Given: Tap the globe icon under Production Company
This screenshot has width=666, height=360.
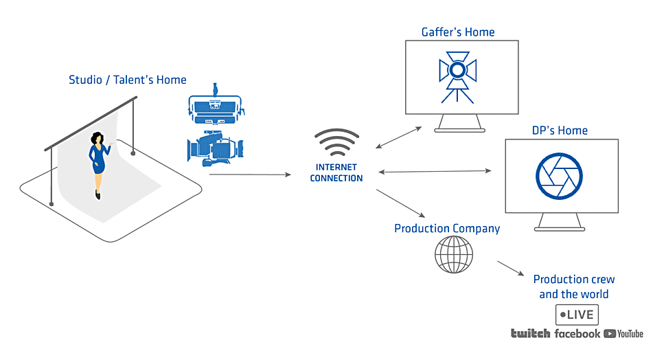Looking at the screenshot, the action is tap(454, 255).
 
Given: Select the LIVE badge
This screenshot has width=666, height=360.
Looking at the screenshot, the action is tap(577, 315).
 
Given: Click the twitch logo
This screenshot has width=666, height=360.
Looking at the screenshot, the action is tap(531, 334).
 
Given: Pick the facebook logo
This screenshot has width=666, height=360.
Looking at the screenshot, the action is tap(577, 334).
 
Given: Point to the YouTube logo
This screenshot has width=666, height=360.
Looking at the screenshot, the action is tap(623, 334).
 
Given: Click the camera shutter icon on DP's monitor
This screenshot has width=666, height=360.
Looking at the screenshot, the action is tap(559, 176).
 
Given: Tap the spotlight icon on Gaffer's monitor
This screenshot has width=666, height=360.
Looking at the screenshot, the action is tap(457, 77).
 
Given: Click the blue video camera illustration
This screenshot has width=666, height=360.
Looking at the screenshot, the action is tap(216, 148).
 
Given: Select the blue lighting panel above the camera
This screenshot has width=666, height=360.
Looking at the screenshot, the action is tap(216, 104).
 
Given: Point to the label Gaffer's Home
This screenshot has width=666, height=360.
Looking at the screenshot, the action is tap(458, 32).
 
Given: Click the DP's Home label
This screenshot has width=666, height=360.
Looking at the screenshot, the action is tap(560, 131).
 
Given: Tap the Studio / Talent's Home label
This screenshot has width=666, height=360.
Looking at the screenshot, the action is tap(128, 80).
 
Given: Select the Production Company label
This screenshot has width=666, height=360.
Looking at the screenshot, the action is tap(447, 229).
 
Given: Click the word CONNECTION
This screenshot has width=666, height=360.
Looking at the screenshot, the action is tap(336, 178).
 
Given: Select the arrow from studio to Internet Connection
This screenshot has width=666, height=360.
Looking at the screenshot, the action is tap(250, 175).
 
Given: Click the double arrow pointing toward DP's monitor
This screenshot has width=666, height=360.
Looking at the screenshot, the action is tap(435, 171).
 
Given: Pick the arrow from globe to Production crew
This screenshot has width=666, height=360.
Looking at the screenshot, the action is tap(511, 268).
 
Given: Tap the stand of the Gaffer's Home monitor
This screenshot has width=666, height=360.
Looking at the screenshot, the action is tap(460, 123).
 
